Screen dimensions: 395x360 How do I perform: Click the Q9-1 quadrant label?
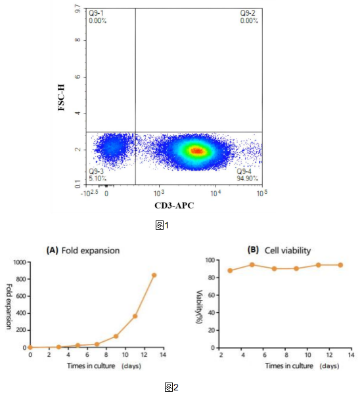[97, 13]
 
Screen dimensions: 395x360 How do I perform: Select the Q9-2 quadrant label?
[248, 13]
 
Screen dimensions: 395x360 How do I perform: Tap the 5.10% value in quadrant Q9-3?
[97, 178]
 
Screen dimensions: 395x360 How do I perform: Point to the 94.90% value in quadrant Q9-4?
[247, 178]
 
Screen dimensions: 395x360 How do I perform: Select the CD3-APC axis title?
[175, 205]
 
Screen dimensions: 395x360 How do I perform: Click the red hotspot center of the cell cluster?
[196, 150]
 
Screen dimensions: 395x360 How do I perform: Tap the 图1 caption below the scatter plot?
[162, 225]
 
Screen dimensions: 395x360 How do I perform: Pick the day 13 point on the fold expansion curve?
[154, 275]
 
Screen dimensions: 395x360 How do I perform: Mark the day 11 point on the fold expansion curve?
[135, 316]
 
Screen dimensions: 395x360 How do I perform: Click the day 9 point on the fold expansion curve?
[116, 336]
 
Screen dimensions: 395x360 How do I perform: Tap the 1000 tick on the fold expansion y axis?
[19, 262]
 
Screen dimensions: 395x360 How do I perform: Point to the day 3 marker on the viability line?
[230, 270]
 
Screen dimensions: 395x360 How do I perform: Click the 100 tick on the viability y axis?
[212, 260]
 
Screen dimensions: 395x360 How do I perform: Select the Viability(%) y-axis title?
[196, 303]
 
